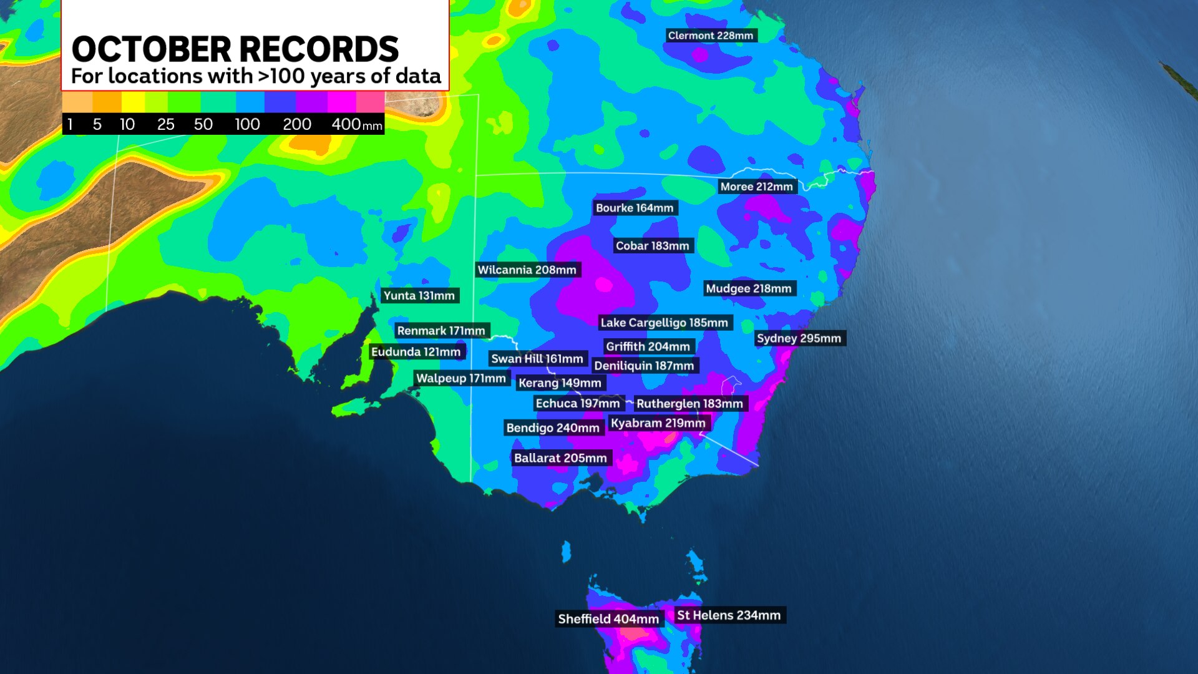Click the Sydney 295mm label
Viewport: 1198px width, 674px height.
[799, 338]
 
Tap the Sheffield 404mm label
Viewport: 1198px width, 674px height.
[608, 618]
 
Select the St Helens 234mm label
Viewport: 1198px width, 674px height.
[729, 615]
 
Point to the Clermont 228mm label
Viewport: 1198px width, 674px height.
[711, 36]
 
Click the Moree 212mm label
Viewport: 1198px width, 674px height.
[756, 187]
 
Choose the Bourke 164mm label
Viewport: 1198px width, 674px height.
[635, 208]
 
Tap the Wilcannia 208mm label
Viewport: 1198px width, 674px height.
[527, 270]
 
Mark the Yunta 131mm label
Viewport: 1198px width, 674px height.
[419, 296]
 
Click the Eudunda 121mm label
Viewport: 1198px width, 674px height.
[416, 352]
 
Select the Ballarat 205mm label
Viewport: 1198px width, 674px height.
[560, 458]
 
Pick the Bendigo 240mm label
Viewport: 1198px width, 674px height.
[553, 427]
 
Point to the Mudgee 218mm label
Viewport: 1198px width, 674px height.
[749, 288]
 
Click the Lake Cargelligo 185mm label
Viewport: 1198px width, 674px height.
[665, 323]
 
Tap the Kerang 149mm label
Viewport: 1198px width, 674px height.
[560, 383]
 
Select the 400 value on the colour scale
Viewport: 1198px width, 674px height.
[346, 124]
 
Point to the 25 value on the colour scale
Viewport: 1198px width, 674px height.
[165, 124]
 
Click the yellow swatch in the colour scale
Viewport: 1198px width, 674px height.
[133, 102]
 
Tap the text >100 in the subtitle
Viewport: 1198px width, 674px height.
[281, 76]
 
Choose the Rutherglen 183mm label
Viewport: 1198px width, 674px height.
[689, 404]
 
